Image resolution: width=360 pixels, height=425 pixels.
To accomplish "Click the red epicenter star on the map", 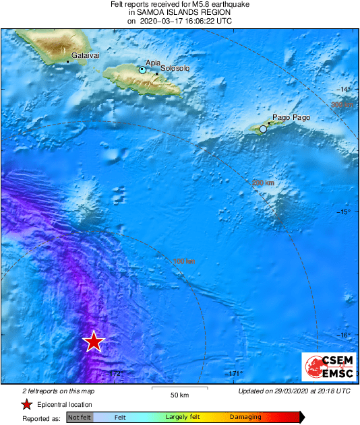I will pyautogui.click(x=94, y=341).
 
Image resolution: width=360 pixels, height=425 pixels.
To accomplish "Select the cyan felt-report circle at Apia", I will pyautogui.click(x=142, y=70).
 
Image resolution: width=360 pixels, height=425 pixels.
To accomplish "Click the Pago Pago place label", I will pyautogui.click(x=291, y=118).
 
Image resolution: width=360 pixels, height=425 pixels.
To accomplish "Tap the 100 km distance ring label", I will pyautogui.click(x=184, y=261).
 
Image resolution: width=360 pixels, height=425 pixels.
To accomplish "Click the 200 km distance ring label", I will pyautogui.click(x=263, y=183).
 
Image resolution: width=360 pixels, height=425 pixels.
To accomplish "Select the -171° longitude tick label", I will pyautogui.click(x=233, y=374).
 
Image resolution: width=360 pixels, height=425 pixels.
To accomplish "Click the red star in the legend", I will pyautogui.click(x=26, y=405).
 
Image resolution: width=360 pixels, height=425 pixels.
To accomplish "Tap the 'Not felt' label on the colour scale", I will pyautogui.click(x=80, y=417).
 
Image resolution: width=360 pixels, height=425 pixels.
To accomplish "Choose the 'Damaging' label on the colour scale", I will pyautogui.click(x=245, y=417).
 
